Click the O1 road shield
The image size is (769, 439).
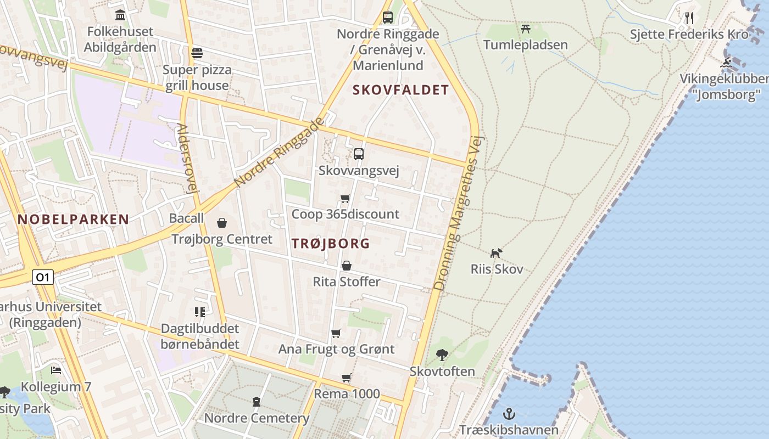click(x=42, y=277)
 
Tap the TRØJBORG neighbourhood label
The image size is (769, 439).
click(x=331, y=244)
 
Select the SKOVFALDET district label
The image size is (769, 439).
click(x=400, y=90)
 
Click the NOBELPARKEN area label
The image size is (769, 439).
click(x=73, y=219)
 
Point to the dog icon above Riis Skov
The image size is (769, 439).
click(x=496, y=253)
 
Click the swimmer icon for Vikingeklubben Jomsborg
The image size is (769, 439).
click(x=727, y=63)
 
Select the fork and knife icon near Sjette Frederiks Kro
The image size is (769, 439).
click(x=689, y=18)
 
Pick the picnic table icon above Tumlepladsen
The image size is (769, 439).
click(x=525, y=28)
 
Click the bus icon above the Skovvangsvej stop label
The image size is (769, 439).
click(x=359, y=154)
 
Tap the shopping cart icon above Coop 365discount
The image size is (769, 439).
click(x=346, y=198)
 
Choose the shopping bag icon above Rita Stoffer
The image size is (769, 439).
click(x=347, y=266)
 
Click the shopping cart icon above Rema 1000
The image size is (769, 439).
click(x=346, y=378)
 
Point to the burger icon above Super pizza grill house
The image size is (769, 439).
click(x=197, y=53)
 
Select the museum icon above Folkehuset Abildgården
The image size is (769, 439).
click(x=120, y=15)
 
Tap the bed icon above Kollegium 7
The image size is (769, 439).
click(x=56, y=370)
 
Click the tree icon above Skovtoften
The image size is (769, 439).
click(x=442, y=355)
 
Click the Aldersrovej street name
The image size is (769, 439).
click(x=187, y=159)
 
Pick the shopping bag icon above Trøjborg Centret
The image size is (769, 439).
click(x=222, y=222)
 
